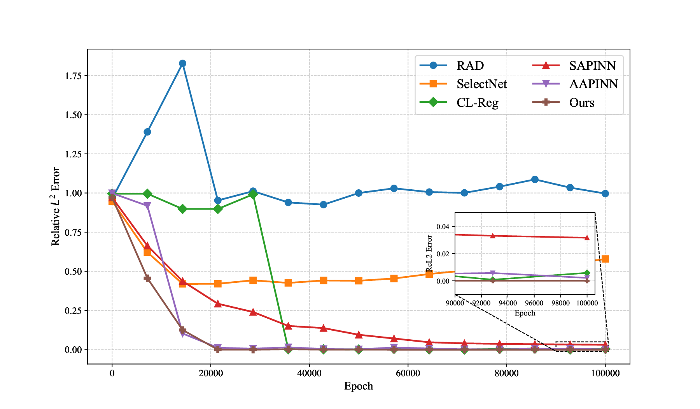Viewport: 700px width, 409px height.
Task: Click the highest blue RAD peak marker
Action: click(182, 63)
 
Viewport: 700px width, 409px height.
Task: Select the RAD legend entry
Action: click(470, 65)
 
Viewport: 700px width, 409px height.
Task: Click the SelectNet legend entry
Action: click(481, 84)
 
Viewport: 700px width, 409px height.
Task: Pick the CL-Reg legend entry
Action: click(477, 103)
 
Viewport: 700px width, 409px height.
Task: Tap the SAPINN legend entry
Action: click(592, 65)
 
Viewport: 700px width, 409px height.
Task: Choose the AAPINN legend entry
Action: click(593, 84)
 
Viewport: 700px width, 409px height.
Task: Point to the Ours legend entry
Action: click(581, 103)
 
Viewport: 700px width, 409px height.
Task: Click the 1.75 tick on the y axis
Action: click(73, 76)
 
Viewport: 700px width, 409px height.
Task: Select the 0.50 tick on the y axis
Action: click(73, 271)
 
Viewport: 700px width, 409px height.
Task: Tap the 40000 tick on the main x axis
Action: click(309, 374)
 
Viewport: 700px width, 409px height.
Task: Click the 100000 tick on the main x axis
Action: click(605, 374)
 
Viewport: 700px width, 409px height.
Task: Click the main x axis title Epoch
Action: click(358, 386)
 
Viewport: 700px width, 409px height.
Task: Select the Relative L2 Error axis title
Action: click(56, 206)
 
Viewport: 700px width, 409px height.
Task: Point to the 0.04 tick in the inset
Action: click(443, 226)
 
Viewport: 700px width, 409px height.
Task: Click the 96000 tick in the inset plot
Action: click(534, 303)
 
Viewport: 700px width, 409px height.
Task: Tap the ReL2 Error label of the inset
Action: click(429, 253)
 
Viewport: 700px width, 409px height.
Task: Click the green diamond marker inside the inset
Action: click(587, 273)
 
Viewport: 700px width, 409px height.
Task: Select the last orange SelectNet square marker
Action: click(605, 259)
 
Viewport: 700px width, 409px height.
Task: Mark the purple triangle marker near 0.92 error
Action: click(147, 206)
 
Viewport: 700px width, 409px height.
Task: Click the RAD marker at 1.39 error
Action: click(147, 132)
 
